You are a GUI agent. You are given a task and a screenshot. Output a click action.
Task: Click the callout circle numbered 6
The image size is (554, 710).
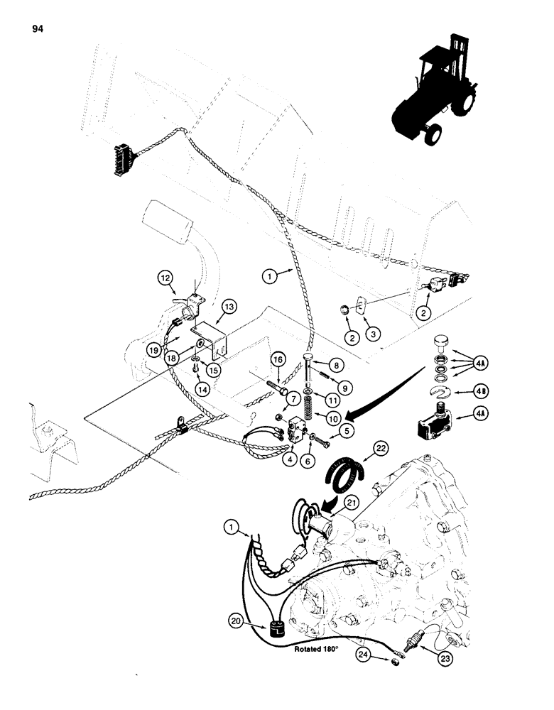(x=310, y=460)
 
